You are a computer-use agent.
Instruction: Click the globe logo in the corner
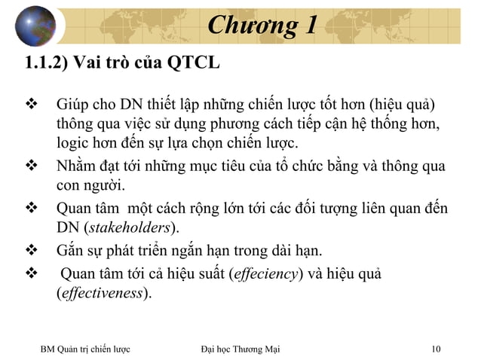35,26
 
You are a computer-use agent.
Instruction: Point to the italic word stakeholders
130,227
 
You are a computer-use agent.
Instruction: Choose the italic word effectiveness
102,293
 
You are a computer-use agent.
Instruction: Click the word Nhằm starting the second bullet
78,166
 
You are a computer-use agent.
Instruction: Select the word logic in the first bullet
74,143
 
